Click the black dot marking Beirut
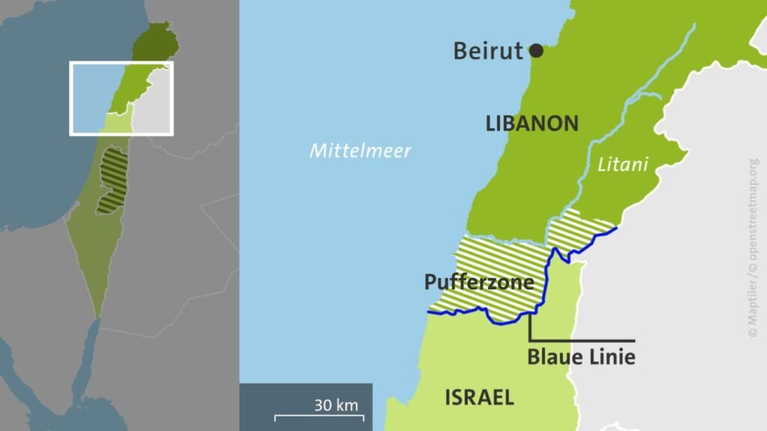[x=536, y=51]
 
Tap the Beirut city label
[x=488, y=51]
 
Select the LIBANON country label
[x=532, y=123]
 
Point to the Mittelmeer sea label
[x=361, y=151]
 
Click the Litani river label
[x=622, y=164]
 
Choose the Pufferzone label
[x=479, y=282]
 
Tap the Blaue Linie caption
[x=581, y=357]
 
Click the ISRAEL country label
[x=479, y=397]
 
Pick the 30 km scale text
[x=336, y=406]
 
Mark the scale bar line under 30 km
[x=319, y=416]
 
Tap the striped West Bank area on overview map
[x=113, y=180]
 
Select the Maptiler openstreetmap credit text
[x=753, y=247]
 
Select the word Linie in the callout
[x=610, y=357]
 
